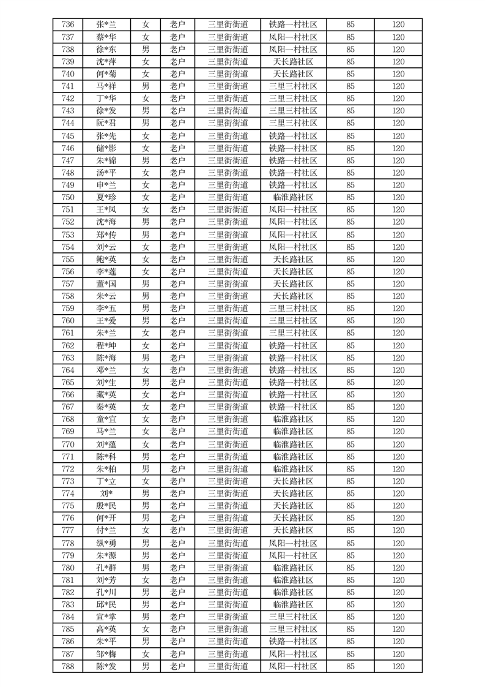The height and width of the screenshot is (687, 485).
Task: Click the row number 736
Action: pos(68,25)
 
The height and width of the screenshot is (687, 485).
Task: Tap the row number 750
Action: pos(68,197)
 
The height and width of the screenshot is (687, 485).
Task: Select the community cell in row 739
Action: pos(293,62)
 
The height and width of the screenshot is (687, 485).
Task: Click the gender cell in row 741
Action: pos(146,86)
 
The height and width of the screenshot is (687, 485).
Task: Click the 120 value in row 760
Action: pos(398,321)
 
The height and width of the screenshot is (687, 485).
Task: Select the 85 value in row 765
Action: pos(350,383)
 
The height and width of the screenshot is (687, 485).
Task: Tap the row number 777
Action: pos(68,530)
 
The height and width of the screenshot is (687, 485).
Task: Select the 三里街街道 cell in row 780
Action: pos(228,568)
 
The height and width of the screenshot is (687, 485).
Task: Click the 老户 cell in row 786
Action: pos(177,641)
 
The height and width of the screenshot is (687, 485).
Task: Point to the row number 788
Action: pos(68,666)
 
